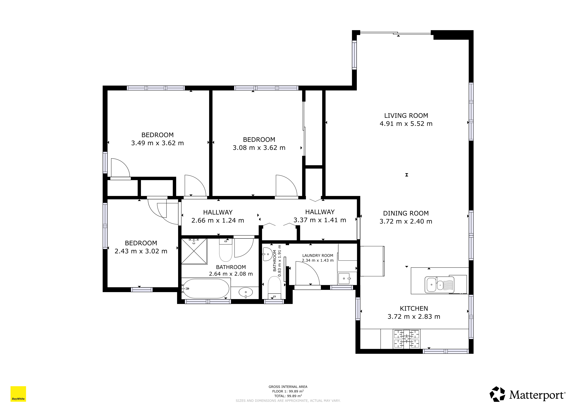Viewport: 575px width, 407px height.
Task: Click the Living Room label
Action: [406, 115]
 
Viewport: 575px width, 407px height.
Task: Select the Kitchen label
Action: [414, 308]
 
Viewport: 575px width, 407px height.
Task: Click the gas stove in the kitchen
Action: [406, 339]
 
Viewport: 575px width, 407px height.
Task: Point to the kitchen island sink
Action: [439, 285]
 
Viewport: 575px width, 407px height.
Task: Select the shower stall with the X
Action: [194, 251]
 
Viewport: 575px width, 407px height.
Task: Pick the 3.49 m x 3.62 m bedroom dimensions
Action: [157, 143]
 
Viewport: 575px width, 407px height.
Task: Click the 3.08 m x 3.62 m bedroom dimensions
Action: [259, 148]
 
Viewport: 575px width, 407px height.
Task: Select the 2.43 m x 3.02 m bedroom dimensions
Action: [141, 251]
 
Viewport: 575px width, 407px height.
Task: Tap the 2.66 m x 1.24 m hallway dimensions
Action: [218, 220]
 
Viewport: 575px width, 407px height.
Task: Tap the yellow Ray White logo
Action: [18, 394]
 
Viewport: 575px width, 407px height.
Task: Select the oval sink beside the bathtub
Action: [246, 292]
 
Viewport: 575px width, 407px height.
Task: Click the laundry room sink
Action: [344, 278]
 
